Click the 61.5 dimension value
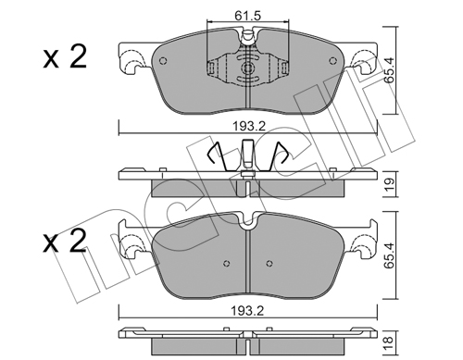tap(247, 15)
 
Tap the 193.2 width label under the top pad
tap(249, 126)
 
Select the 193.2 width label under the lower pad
tap(248, 311)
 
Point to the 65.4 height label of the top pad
tap(390, 70)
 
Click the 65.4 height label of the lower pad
tap(390, 255)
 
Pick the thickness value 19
tap(390, 184)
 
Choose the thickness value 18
tap(390, 341)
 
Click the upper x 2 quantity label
tap(65, 57)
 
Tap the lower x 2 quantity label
tap(65, 242)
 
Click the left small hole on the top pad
tap(163, 61)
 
